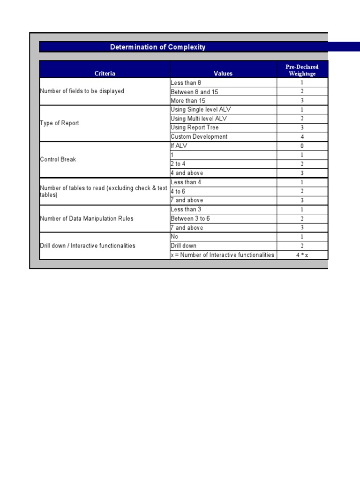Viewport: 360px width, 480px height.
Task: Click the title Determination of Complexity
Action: click(157, 47)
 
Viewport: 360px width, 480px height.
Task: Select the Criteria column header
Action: click(105, 73)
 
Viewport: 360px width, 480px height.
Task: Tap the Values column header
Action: click(223, 73)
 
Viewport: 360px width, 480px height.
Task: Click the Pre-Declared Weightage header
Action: click(302, 70)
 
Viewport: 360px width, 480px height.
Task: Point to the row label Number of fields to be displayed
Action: click(82, 91)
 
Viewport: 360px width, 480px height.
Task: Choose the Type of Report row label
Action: click(60, 123)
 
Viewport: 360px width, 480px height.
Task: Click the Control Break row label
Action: click(58, 159)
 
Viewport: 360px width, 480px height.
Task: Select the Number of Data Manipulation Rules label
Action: click(86, 218)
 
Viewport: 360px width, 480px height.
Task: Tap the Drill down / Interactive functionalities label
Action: click(88, 246)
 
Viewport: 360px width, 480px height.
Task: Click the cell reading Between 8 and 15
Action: click(194, 92)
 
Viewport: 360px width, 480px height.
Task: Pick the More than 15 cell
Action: click(188, 101)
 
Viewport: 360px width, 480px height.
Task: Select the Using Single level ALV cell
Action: click(201, 109)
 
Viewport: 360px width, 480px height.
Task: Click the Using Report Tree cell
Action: click(195, 127)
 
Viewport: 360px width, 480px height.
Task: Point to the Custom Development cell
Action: click(199, 137)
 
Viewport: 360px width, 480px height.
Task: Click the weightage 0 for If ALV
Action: click(302, 146)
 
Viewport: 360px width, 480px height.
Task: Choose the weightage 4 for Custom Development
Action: click(302, 137)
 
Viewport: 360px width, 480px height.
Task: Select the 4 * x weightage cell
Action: click(302, 255)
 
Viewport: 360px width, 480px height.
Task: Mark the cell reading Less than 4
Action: click(186, 182)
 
